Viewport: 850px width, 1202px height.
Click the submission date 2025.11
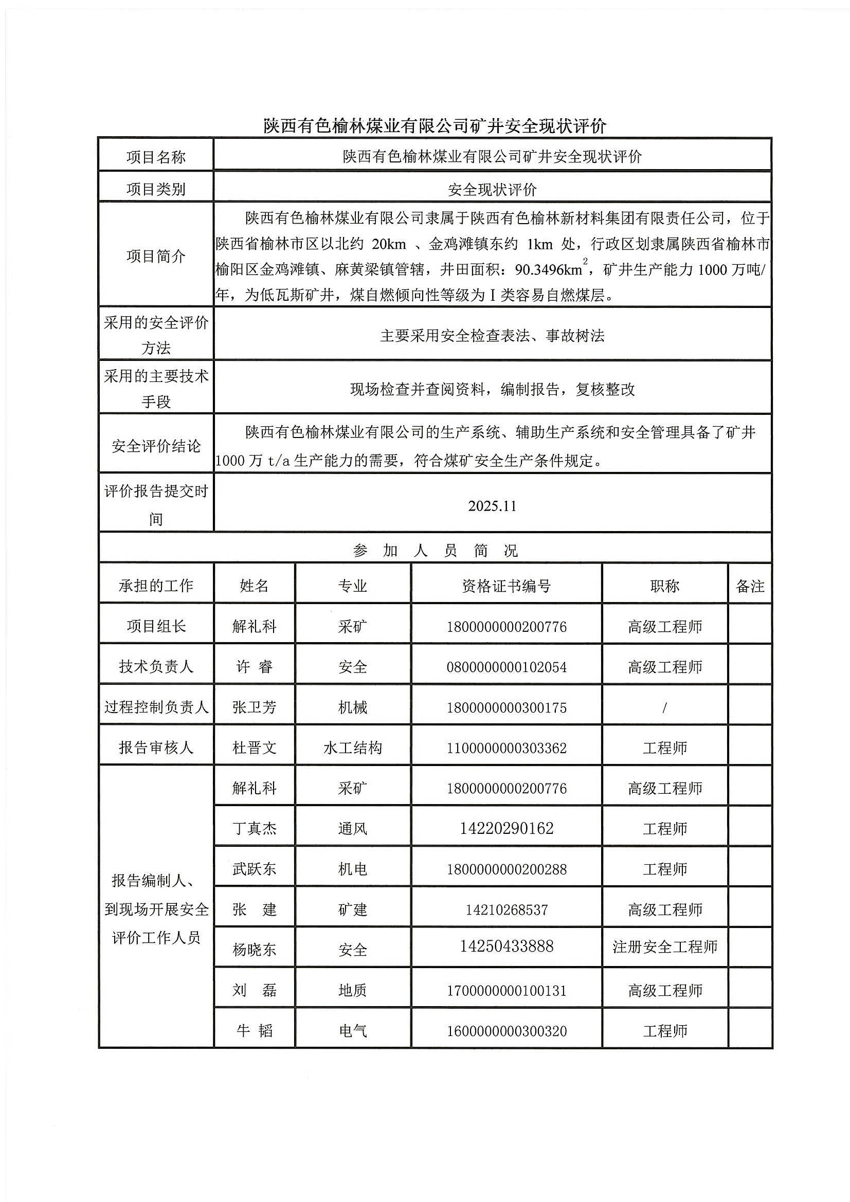pyautogui.click(x=492, y=506)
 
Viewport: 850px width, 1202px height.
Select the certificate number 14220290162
pyautogui.click(x=507, y=828)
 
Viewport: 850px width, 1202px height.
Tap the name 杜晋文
pyautogui.click(x=254, y=748)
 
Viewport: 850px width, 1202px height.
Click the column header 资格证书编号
pyautogui.click(x=506, y=586)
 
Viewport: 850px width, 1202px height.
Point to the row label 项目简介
pyautogui.click(x=156, y=256)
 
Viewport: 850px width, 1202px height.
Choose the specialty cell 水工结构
pyautogui.click(x=352, y=748)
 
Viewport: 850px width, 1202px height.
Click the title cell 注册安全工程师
pyautogui.click(x=664, y=946)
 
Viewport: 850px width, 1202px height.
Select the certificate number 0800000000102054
pyautogui.click(x=507, y=667)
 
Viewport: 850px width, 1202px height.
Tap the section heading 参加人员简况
pyautogui.click(x=435, y=550)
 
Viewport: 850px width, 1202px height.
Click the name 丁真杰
pyautogui.click(x=254, y=828)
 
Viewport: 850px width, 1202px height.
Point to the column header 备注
pyautogui.click(x=750, y=586)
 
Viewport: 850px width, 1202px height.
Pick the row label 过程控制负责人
pyautogui.click(x=156, y=707)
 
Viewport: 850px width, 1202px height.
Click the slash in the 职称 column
pyautogui.click(x=664, y=707)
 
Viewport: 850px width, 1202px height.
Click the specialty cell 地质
pyautogui.click(x=352, y=990)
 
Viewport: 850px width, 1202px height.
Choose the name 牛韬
pyautogui.click(x=254, y=1031)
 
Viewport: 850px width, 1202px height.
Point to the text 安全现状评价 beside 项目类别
pyautogui.click(x=492, y=189)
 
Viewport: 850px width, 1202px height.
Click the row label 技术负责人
pyautogui.click(x=156, y=667)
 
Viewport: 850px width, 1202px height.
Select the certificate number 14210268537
pyautogui.click(x=507, y=909)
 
